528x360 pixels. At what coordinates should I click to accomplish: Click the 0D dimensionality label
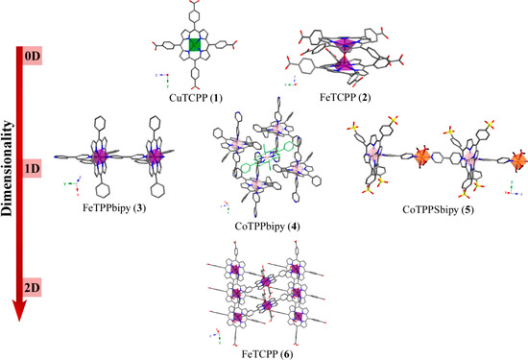coord(33,57)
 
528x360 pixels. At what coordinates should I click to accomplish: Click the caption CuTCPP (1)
coord(195,97)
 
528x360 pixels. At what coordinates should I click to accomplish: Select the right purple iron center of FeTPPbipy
coord(152,155)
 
